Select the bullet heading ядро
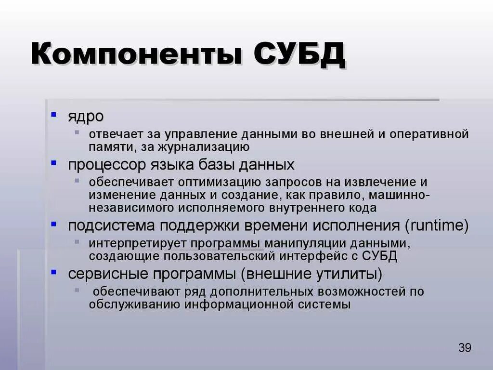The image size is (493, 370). click(85, 117)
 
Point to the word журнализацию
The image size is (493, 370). click(208, 146)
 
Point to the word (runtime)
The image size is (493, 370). click(436, 225)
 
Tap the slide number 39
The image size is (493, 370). click(465, 348)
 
